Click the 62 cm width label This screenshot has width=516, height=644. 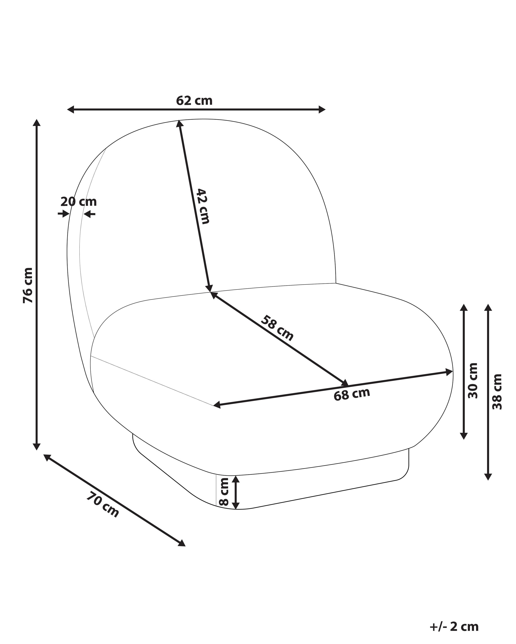pyautogui.click(x=194, y=101)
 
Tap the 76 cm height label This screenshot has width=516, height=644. pyautogui.click(x=28, y=285)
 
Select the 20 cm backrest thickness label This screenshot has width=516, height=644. pyautogui.click(x=79, y=202)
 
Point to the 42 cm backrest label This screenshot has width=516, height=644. pyautogui.click(x=203, y=206)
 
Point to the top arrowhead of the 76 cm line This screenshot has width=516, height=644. pyautogui.click(x=37, y=123)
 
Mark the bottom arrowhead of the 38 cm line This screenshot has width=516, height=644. pyautogui.click(x=488, y=476)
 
